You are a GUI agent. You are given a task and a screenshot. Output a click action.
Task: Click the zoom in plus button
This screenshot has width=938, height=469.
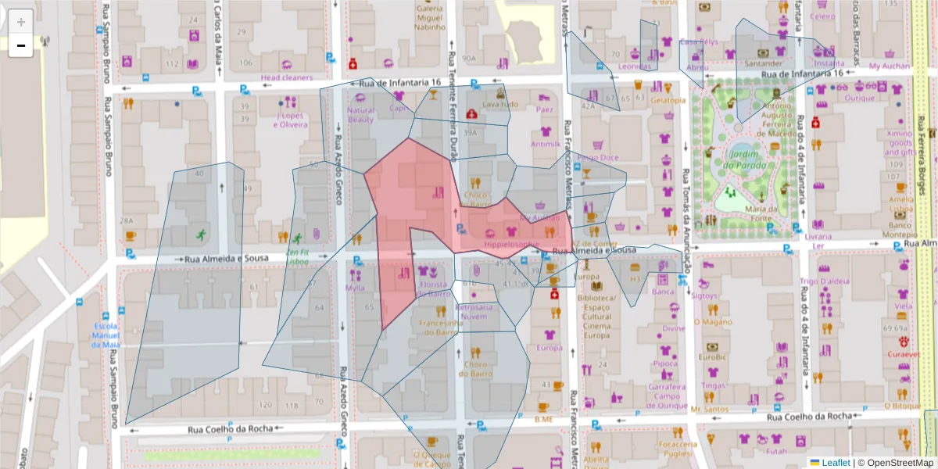click(x=21, y=21)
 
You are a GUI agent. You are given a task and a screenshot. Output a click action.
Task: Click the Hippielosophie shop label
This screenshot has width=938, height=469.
click(x=511, y=245)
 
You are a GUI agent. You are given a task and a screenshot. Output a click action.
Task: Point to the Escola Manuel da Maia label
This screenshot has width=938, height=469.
click(x=106, y=335)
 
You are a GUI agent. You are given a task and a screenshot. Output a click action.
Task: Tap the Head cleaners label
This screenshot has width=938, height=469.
click(x=287, y=77)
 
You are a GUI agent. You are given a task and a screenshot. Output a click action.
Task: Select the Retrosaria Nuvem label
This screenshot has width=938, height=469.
click(x=475, y=312)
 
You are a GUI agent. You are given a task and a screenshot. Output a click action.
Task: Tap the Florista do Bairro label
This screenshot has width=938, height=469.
click(x=435, y=288)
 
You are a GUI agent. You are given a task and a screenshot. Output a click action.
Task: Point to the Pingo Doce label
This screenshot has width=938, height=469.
click(x=598, y=157)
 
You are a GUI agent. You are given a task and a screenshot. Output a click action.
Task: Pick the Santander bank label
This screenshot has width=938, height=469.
click(x=764, y=63)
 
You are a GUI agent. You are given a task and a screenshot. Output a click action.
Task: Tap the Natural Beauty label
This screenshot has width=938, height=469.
click(x=360, y=115)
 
